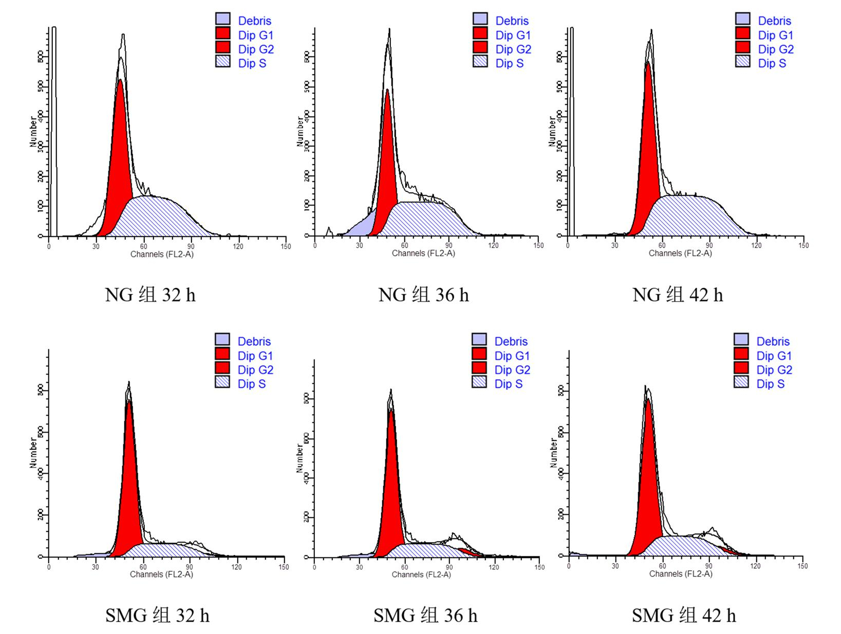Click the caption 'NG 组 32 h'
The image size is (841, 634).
pyautogui.click(x=150, y=295)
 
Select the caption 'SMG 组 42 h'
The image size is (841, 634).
pyautogui.click(x=683, y=615)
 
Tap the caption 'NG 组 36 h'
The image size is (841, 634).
pyautogui.click(x=423, y=295)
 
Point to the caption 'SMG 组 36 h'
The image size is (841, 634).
pyautogui.click(x=425, y=615)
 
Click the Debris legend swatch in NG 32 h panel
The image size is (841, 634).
pyautogui.click(x=223, y=20)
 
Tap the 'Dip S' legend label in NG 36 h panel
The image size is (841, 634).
pyautogui.click(x=509, y=63)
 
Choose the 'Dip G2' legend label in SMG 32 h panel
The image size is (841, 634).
pyautogui.click(x=255, y=370)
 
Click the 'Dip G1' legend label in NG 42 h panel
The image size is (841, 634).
pyautogui.click(x=775, y=35)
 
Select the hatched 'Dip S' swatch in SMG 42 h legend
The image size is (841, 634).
pyautogui.click(x=741, y=382)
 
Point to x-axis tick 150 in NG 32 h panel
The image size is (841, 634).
pyautogui.click(x=286, y=247)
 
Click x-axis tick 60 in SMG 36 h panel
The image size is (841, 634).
pyautogui.click(x=405, y=567)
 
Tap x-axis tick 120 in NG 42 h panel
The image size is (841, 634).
pyautogui.click(x=756, y=246)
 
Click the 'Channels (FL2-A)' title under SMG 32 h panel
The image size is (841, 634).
pyautogui.click(x=161, y=574)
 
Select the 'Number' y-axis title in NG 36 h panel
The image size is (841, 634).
pyautogui.click(x=300, y=132)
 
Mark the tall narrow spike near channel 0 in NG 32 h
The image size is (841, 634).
pyautogui.click(x=53, y=128)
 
